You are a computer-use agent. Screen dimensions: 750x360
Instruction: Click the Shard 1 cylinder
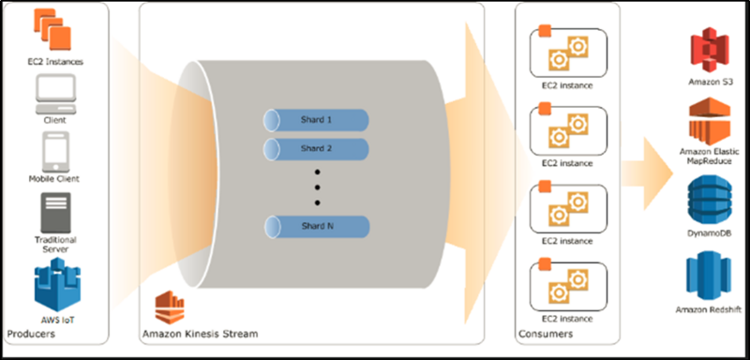tap(316, 120)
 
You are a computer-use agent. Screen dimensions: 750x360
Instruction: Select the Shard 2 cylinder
tap(316, 149)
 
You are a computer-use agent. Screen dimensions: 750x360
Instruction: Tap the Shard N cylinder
tap(317, 227)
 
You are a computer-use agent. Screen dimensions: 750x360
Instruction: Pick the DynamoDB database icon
tap(709, 201)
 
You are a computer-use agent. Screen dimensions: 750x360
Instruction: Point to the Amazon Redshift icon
tap(709, 277)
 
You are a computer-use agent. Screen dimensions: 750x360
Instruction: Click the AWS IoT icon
tap(58, 285)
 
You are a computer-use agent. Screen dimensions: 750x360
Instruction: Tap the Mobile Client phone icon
tap(55, 152)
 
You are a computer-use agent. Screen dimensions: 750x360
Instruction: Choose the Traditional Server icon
tap(55, 213)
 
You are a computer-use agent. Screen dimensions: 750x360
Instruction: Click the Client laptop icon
tap(55, 95)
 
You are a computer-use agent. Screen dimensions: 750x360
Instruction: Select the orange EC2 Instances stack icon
tap(52, 30)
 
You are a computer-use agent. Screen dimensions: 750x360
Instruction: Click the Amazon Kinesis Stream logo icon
tap(170, 308)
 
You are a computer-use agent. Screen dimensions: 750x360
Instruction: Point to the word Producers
tap(31, 333)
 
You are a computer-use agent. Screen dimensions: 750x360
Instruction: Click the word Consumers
tap(546, 333)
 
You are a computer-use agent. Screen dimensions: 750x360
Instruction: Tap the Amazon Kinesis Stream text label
tap(200, 334)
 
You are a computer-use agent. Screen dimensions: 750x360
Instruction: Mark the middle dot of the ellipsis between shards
tap(317, 187)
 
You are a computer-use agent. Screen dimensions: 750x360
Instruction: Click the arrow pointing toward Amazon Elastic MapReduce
tap(647, 171)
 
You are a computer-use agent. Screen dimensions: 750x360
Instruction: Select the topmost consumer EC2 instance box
tap(568, 52)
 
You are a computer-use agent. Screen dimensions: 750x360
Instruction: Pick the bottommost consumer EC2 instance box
tap(568, 285)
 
